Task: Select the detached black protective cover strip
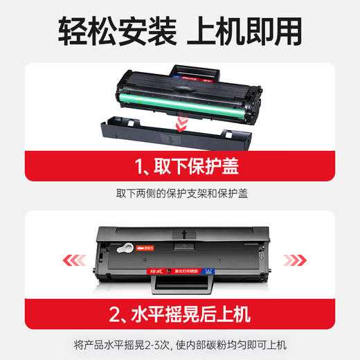click(181, 136)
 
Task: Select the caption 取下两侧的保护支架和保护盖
click(180, 194)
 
